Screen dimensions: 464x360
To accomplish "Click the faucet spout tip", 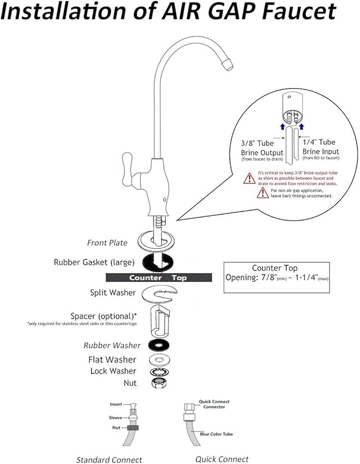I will click(x=227, y=60).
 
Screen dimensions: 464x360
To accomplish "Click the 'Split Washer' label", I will click(x=112, y=293).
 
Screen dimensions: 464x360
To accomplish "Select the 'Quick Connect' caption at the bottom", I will click(x=222, y=459).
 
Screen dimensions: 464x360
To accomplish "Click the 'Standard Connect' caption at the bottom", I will click(x=109, y=459).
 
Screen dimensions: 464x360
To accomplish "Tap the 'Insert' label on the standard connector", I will click(x=116, y=404).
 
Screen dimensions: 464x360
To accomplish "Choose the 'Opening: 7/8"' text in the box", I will click(x=251, y=279).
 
